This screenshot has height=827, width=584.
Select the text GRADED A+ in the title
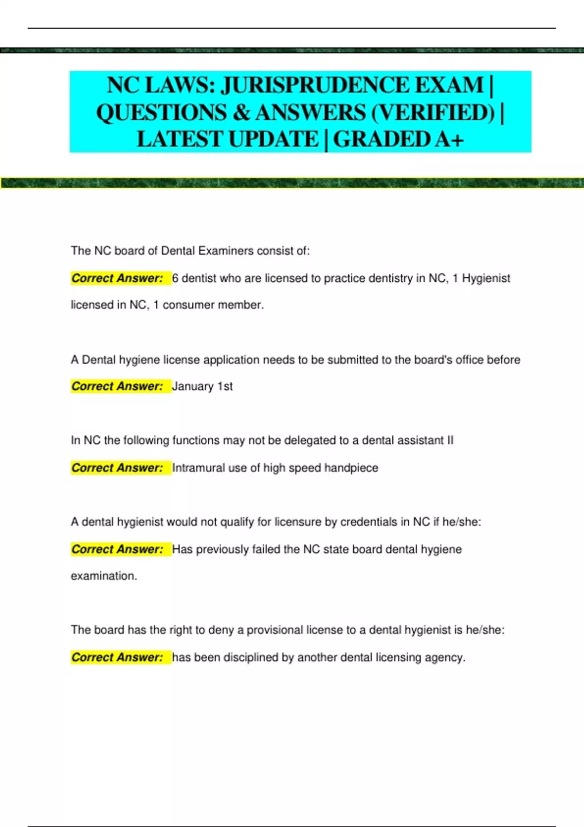[398, 140]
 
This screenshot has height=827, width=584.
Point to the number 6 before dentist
[175, 278]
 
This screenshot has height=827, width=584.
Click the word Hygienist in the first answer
[486, 278]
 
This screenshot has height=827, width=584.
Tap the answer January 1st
[202, 386]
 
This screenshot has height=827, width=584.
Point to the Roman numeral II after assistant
[450, 441]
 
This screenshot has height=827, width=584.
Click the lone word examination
[104, 576]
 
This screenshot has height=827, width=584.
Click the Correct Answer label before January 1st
[117, 386]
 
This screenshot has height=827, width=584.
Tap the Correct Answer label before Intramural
[117, 468]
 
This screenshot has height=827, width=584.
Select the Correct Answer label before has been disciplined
[117, 658]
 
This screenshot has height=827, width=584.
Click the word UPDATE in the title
[273, 140]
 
